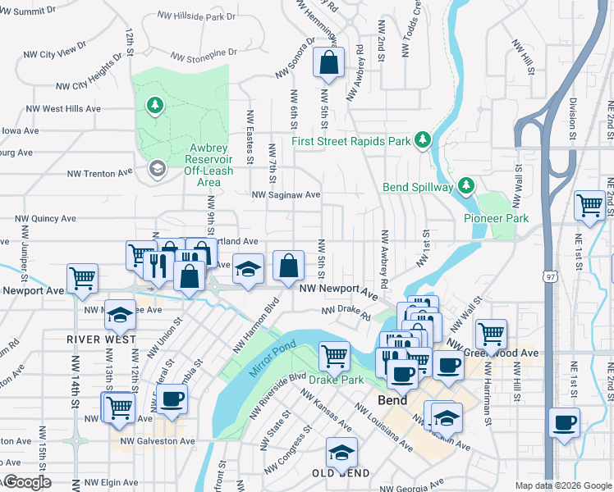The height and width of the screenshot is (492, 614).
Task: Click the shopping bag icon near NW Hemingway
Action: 328,63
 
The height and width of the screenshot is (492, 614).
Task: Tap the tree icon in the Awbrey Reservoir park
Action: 153,105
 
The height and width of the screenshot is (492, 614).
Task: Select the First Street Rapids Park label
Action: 351,141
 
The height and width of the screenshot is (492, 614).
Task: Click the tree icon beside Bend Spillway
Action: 465,186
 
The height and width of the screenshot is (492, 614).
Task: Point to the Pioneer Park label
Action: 496,218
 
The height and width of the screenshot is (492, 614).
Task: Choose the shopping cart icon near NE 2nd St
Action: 589,205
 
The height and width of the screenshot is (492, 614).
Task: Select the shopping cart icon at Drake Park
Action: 334,355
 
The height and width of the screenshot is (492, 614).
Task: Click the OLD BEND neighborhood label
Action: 340,474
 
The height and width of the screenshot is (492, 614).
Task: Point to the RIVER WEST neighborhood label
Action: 95,338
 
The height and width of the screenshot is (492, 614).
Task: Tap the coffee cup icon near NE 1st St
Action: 565,423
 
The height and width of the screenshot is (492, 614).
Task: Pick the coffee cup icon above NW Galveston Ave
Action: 172,399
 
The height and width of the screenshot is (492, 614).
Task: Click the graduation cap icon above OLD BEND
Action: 341,451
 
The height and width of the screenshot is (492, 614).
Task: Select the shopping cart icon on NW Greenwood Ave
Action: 491,333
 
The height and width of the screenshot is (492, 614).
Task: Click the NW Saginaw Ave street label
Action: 286,195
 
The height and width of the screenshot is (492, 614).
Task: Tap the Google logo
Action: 26,483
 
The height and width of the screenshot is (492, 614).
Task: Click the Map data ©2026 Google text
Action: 563,485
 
